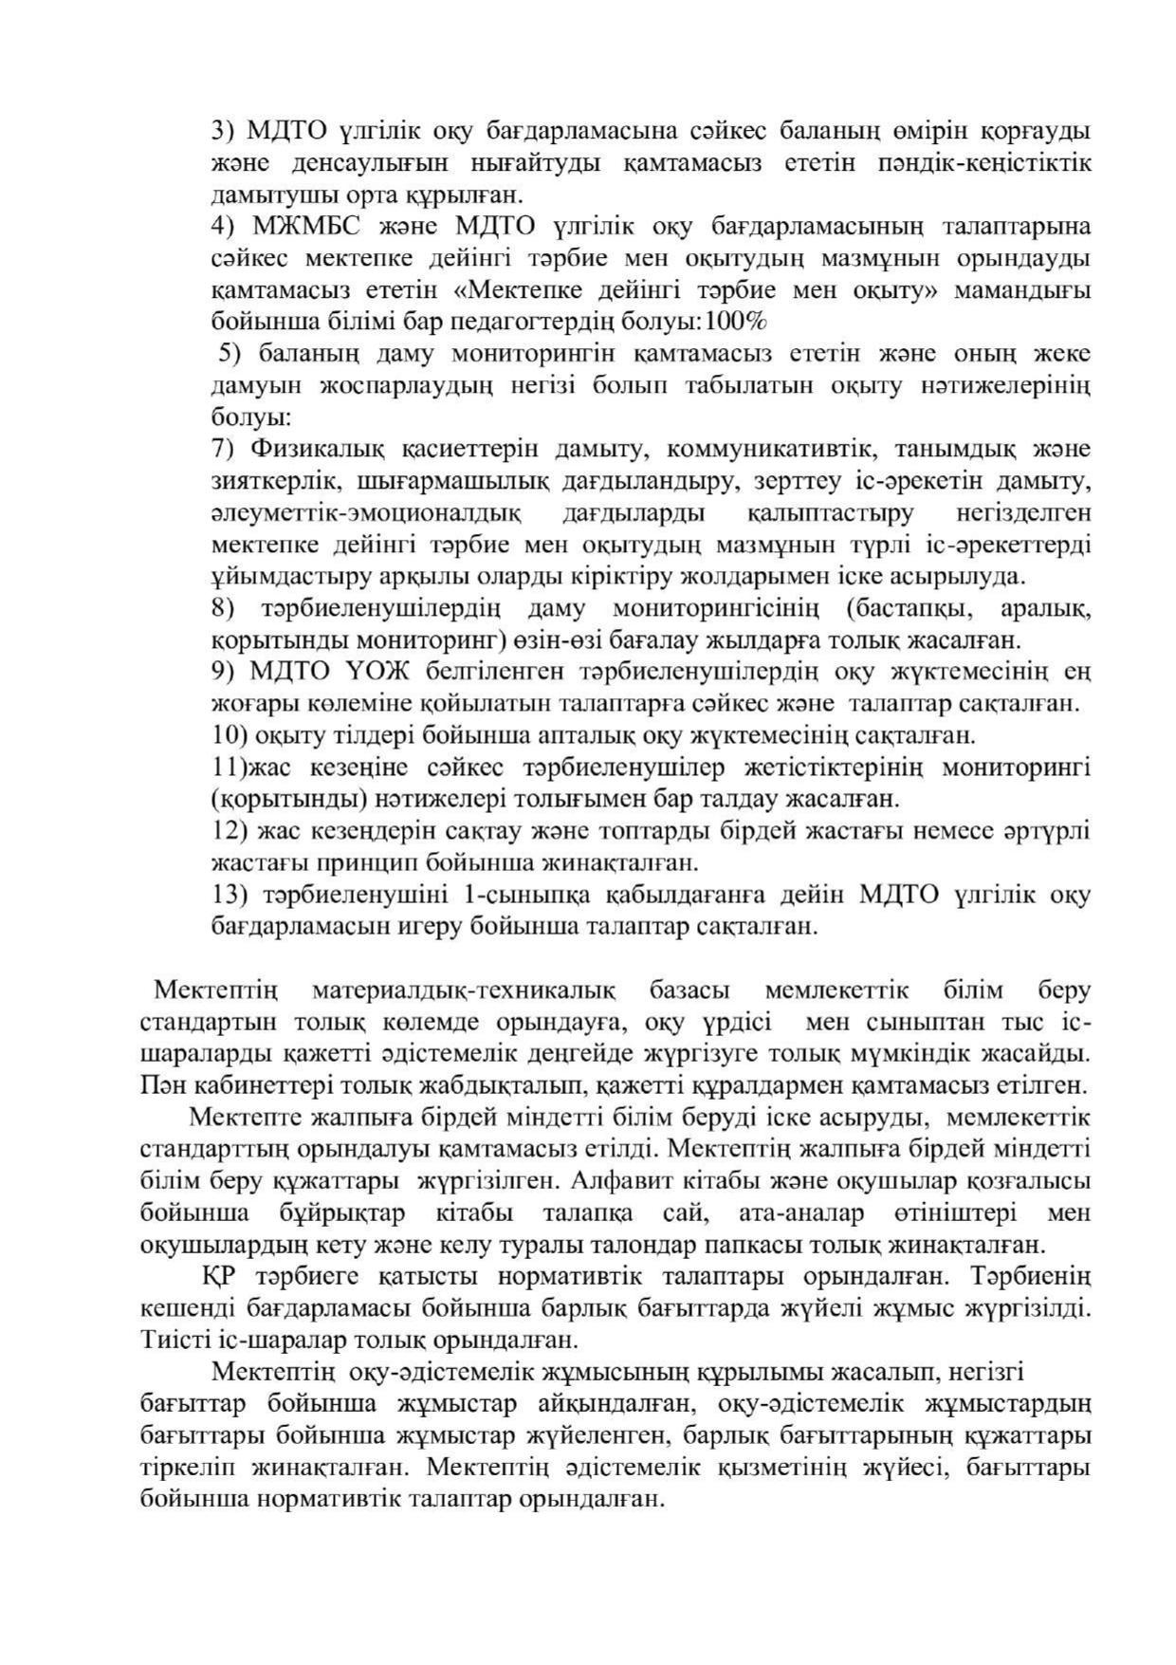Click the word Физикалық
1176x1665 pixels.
pos(318,449)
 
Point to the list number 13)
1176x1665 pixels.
pos(229,895)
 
